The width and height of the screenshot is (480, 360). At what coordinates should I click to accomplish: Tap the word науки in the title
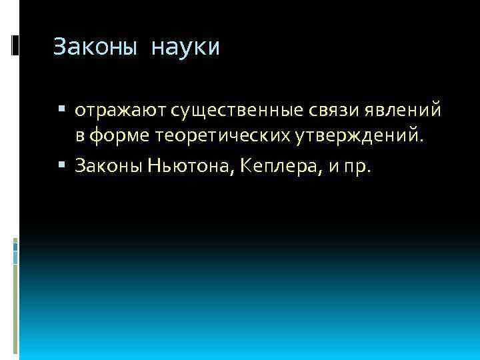click(x=185, y=48)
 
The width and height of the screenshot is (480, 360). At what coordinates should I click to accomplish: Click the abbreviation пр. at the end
click(x=359, y=166)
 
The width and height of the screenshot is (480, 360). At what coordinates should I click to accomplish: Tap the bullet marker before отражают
click(x=62, y=109)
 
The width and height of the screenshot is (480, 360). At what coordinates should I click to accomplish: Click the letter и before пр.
click(x=331, y=167)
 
